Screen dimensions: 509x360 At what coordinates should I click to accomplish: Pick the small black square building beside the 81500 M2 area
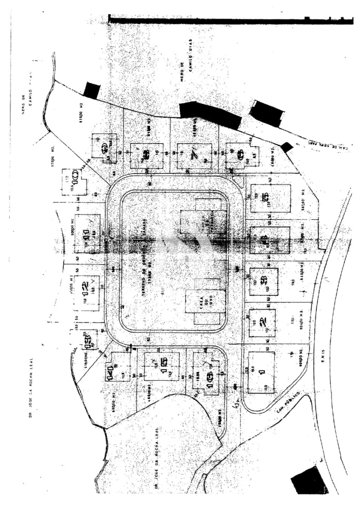[x=92, y=91]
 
